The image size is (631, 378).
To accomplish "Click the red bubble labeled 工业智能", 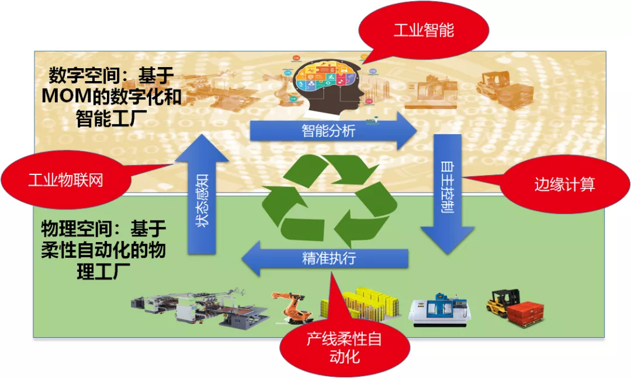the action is tap(424, 30).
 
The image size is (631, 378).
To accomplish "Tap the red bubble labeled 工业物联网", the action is tap(67, 180).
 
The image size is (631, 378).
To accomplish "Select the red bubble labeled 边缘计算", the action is tap(563, 184).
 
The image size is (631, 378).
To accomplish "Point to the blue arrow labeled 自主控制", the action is tap(448, 194).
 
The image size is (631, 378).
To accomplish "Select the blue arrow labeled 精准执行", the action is tap(325, 258).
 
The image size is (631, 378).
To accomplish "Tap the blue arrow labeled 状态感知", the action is tap(202, 194).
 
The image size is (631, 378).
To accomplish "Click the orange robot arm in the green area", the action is tap(293, 307).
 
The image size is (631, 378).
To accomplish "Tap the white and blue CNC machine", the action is tap(439, 310).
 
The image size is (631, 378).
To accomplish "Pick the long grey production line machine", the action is tap(200, 307).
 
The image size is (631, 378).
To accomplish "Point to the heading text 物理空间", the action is tap(77, 229).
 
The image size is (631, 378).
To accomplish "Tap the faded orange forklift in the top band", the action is tap(505, 90).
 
